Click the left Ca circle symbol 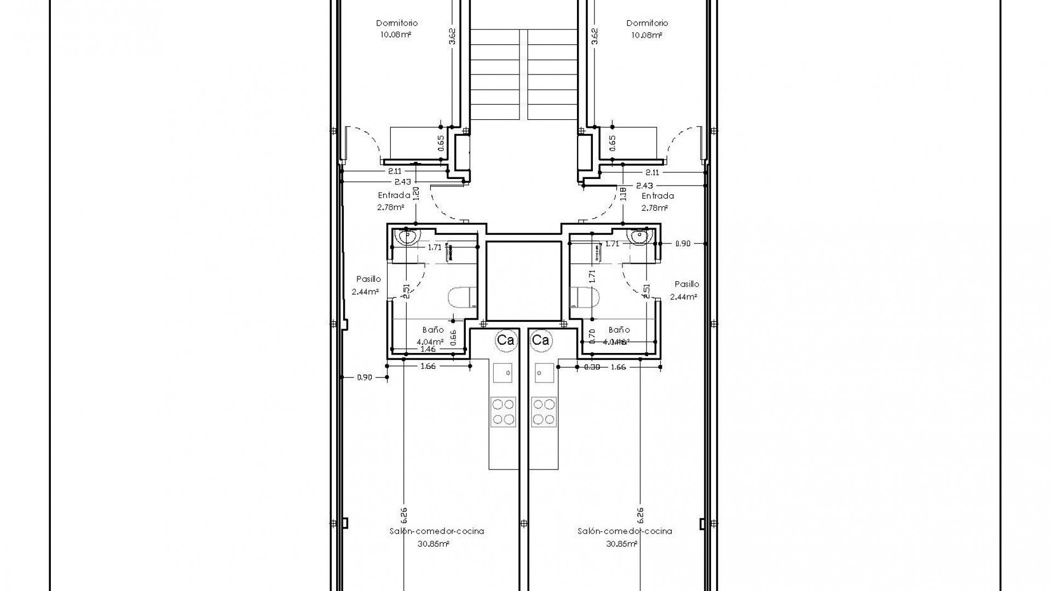click(x=505, y=340)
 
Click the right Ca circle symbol click(x=541, y=340)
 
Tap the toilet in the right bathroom click(x=586, y=299)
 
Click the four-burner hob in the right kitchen click(x=543, y=412)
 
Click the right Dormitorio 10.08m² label click(x=647, y=28)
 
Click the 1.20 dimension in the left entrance click(x=415, y=194)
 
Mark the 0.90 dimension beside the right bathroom click(x=683, y=244)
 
